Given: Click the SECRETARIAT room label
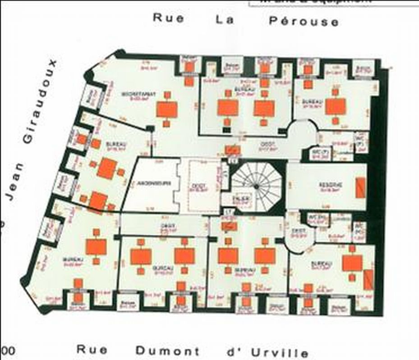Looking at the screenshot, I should pos(139,94).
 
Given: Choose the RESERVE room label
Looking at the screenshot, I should pos(331,185).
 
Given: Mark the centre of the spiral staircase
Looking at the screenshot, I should pos(256,186).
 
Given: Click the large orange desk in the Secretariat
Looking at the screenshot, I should pos(167,109).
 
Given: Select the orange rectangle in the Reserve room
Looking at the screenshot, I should pos(360,188).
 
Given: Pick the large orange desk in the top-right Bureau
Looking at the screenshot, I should pos(336,107).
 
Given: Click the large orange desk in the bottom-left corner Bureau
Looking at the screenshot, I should pos(96,246).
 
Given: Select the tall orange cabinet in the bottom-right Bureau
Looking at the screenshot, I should pos(368,279).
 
